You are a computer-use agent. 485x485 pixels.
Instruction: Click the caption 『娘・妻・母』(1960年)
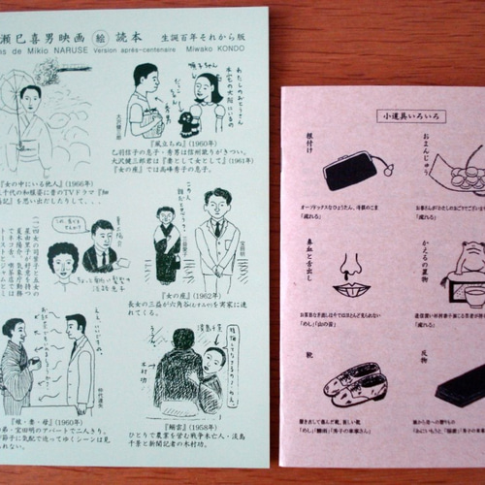click(49, 422)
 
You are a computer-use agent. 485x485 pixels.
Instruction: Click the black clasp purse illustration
click(349, 171)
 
